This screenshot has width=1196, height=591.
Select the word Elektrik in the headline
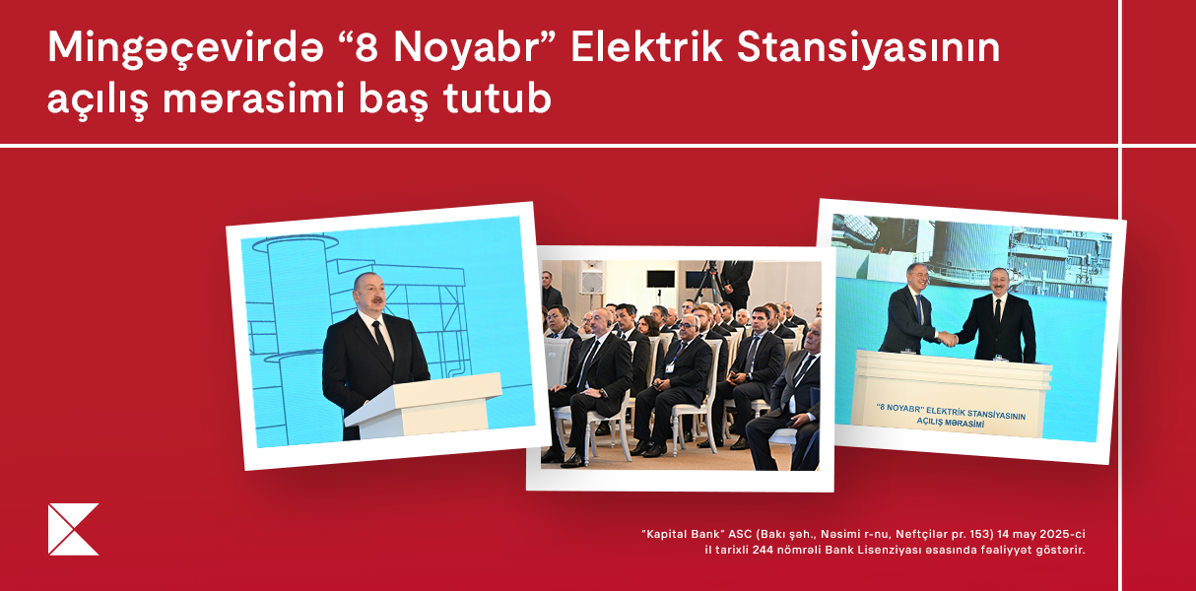coord(646,48)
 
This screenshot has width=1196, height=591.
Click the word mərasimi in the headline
coord(253,98)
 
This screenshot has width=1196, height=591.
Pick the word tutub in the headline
coord(498,98)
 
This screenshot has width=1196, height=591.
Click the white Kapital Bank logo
coord(73,529)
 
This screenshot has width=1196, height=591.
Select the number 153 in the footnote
coord(981,534)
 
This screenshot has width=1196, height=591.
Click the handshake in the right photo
coord(948,339)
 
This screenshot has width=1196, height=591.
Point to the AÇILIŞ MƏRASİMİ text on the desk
coord(951,423)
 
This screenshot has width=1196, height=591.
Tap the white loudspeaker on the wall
coord(591,278)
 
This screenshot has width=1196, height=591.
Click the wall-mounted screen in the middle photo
coord(660,279)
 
